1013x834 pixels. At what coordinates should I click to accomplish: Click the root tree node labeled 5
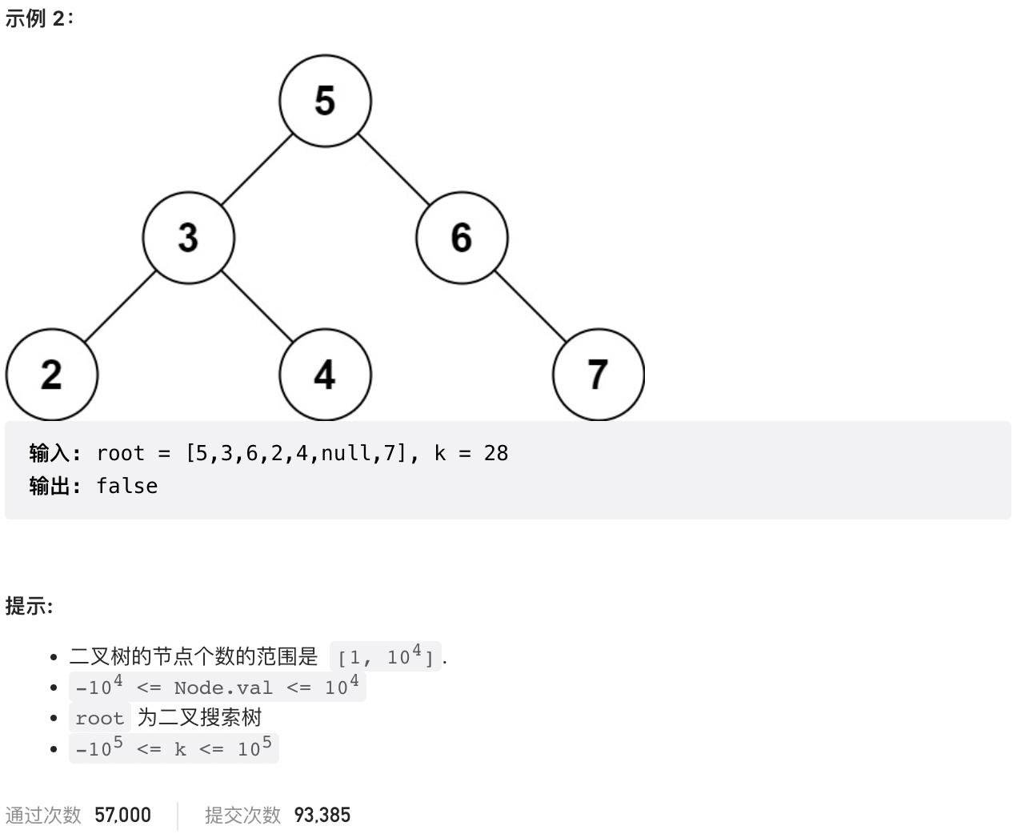coord(325,101)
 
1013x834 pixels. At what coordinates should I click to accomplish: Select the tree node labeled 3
coord(188,238)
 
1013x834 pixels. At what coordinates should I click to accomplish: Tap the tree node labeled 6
coord(462,238)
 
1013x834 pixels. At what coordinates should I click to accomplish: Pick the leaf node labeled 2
coord(51,375)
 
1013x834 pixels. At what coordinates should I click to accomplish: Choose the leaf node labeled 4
coord(325,375)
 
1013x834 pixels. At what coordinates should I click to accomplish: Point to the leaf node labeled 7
coord(599,375)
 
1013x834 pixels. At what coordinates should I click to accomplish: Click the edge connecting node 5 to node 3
coord(257,170)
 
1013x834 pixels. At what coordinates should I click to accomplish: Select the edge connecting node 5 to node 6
coord(393,169)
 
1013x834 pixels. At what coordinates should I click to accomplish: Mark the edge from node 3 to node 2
coord(120,307)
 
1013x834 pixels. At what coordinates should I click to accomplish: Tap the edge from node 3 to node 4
coord(256,306)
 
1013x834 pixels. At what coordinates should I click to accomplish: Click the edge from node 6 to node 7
coord(530,306)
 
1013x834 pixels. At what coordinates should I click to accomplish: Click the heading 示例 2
coord(38,18)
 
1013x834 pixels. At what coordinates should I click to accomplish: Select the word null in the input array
coord(346,454)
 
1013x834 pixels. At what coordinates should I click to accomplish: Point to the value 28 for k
coord(496,454)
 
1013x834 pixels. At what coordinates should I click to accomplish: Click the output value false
coord(126,486)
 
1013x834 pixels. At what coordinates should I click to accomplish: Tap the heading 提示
coord(29,606)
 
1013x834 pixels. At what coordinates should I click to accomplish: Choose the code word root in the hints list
coord(99,718)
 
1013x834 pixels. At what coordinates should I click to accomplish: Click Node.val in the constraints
coord(223,688)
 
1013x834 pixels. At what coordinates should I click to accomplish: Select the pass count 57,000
coord(122,815)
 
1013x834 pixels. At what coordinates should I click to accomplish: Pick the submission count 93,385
coord(322,815)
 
